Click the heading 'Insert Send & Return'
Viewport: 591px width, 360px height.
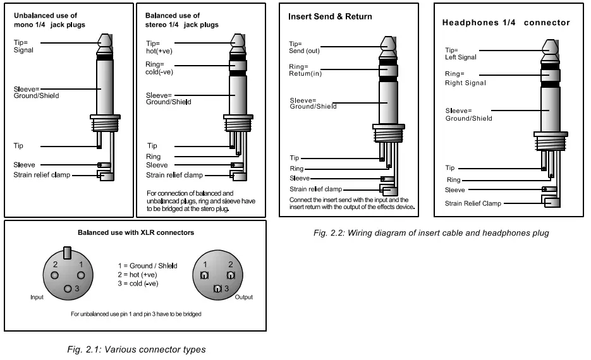330,16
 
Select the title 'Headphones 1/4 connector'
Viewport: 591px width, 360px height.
506,23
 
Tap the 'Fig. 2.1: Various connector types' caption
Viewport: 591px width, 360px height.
136,349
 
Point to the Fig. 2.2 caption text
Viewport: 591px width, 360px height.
431,232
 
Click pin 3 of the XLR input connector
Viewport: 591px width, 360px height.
68,288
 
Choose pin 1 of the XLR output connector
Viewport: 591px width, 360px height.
205,276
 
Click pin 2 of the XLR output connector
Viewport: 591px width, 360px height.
231,276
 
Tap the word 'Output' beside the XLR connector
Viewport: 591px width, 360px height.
244,296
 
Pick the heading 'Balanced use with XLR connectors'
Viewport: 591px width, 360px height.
136,232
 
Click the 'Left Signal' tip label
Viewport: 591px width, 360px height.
461,57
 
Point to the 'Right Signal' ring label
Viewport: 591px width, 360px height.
466,83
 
